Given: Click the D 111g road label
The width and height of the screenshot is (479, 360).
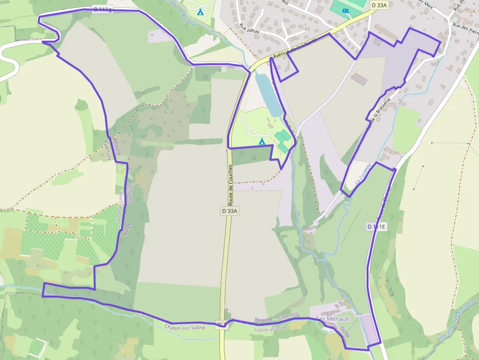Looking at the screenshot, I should click(102, 9).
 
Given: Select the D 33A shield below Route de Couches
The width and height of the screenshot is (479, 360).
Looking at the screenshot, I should click(229, 211).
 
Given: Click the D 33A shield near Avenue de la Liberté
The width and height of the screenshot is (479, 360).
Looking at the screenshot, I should click(379, 5).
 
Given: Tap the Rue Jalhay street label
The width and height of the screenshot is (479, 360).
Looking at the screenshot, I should click(249, 28).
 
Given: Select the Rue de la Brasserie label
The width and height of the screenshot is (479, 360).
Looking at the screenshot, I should click(380, 115).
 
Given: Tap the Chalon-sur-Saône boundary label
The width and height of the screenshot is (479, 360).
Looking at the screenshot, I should click(185, 327).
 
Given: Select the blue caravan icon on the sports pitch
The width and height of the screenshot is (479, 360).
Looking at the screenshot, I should click(346, 11).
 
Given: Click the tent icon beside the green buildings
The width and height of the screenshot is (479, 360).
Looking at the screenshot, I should click(261, 141).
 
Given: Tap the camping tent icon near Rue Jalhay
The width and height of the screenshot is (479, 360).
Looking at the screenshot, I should click(200, 11).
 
